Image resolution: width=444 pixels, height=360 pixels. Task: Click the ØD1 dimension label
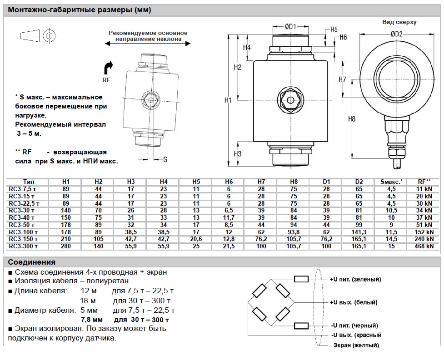(x=290, y=27)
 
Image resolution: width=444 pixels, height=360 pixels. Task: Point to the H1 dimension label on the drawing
(x=229, y=100)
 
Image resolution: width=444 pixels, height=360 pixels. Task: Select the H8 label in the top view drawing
(x=351, y=119)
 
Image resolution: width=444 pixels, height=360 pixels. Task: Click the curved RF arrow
(x=110, y=68)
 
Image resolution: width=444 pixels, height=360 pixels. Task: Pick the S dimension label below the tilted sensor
(x=165, y=159)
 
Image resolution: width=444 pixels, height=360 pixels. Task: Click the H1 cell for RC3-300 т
(x=66, y=246)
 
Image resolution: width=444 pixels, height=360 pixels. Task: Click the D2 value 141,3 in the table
(x=359, y=232)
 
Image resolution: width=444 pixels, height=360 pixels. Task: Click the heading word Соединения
(x=32, y=262)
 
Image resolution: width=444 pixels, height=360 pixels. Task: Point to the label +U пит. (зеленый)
(x=355, y=279)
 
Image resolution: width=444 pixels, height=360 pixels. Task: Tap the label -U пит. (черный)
(x=354, y=326)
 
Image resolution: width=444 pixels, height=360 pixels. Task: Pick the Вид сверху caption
(x=399, y=22)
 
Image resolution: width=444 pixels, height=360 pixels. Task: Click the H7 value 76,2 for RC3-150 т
(x=261, y=239)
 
